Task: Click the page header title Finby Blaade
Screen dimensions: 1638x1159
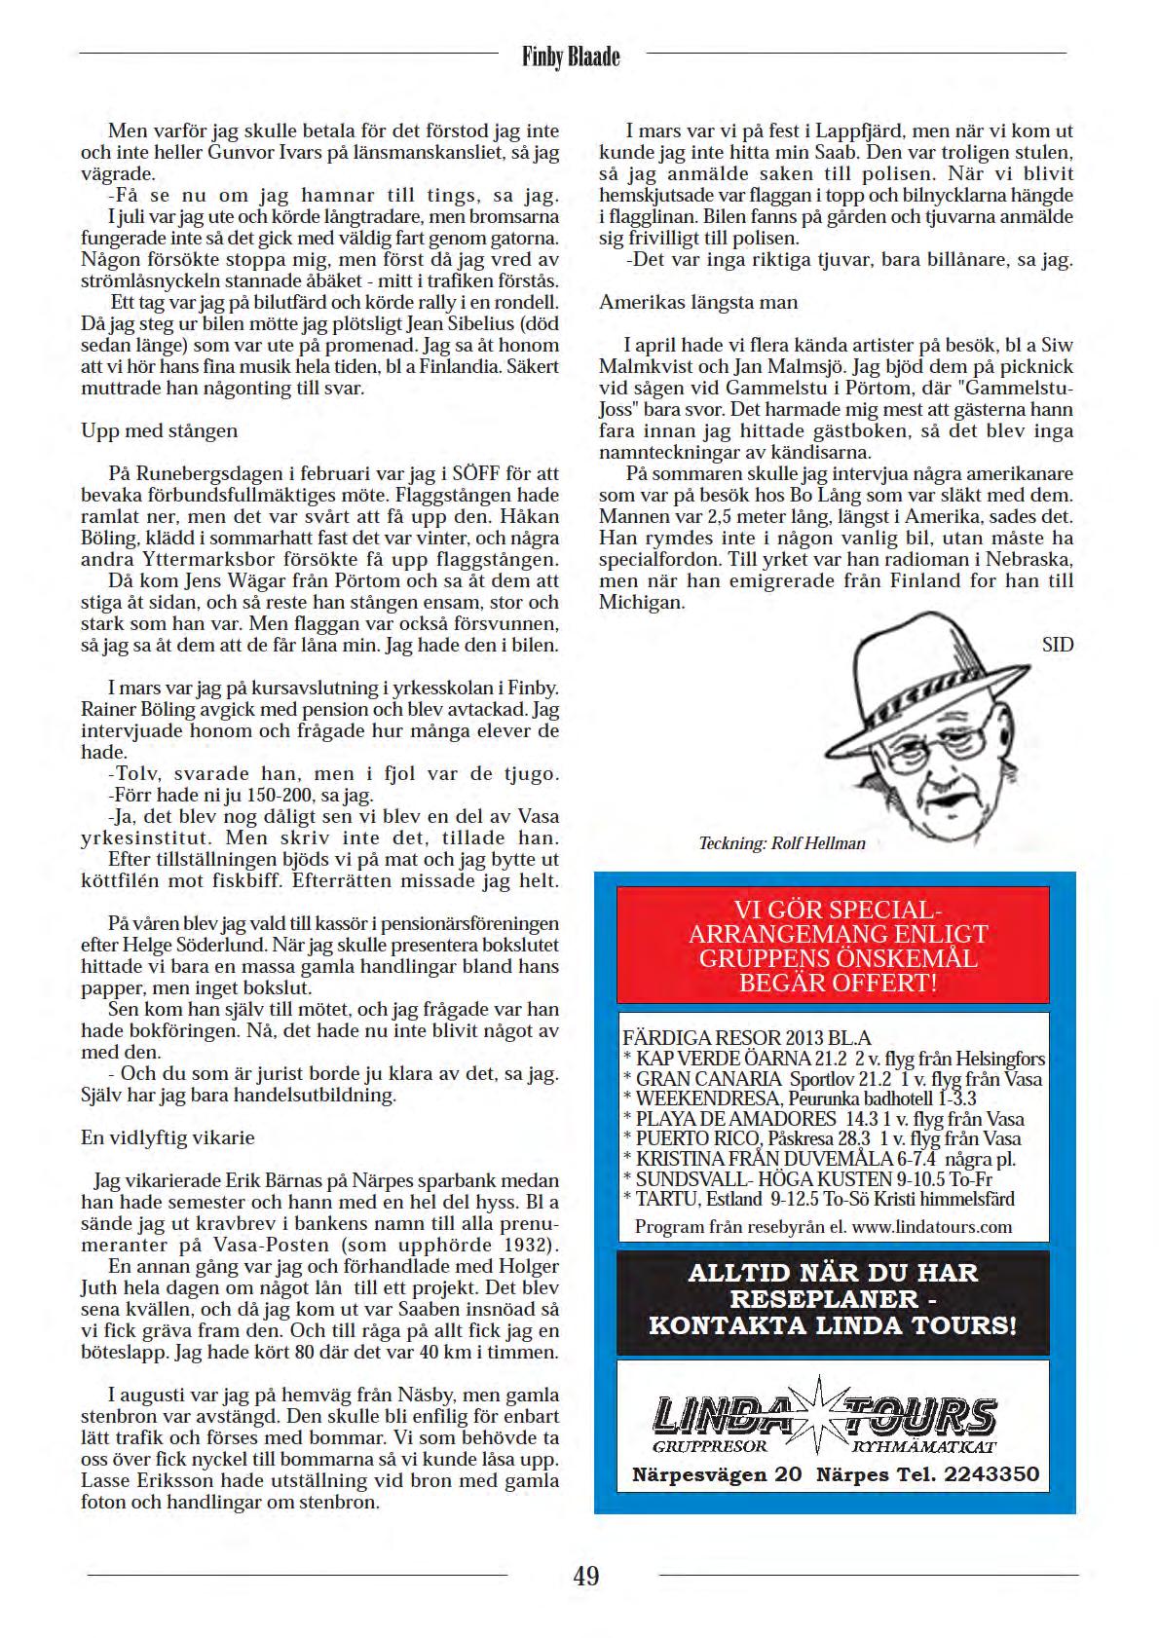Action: pos(571,57)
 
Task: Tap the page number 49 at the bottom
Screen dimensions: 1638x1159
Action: pos(585,1575)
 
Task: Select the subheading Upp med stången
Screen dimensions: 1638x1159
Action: pos(159,430)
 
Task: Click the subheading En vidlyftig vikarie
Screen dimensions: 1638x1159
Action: pos(168,1137)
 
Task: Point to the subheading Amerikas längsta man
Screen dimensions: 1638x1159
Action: pos(698,303)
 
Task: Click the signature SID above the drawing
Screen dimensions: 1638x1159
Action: pos(1058,646)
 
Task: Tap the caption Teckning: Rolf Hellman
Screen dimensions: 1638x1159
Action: pos(782,843)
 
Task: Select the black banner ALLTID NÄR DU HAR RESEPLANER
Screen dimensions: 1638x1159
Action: pos(833,1299)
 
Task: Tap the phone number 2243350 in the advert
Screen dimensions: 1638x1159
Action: pos(991,1475)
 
